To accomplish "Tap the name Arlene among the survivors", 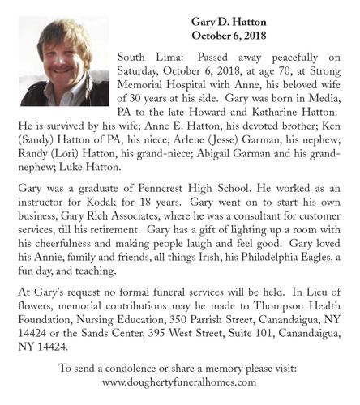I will (x=203, y=141).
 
